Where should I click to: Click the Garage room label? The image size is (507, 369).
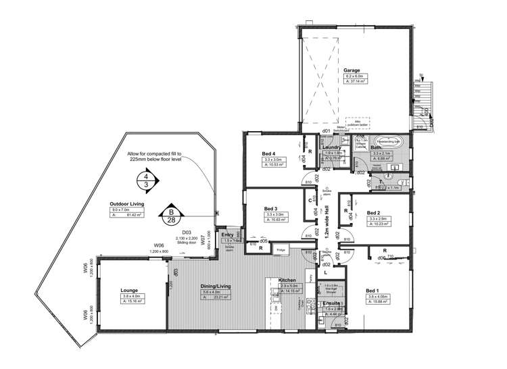click(x=351, y=70)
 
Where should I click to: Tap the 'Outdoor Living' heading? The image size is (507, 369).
click(x=128, y=203)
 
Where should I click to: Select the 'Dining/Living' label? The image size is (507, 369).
click(x=216, y=287)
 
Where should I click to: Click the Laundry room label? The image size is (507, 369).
click(x=331, y=147)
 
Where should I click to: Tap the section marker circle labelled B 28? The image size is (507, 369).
click(x=171, y=215)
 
